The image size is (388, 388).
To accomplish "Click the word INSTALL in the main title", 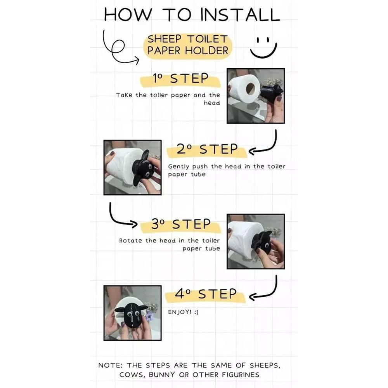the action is pyautogui.click(x=240, y=14).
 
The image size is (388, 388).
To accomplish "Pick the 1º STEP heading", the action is pyautogui.click(x=180, y=79).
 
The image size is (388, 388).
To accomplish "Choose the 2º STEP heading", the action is pyautogui.click(x=207, y=149).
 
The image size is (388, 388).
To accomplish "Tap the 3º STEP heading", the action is pyautogui.click(x=181, y=224).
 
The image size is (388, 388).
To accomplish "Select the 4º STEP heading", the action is pyautogui.click(x=206, y=294).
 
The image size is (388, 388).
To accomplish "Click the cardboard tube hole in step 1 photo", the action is pyautogui.click(x=250, y=88).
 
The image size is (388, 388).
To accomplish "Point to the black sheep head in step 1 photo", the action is pyautogui.click(x=271, y=93).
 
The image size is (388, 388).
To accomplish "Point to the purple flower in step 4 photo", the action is pyautogui.click(x=149, y=316).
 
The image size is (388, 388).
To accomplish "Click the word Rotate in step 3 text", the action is pyautogui.click(x=131, y=241).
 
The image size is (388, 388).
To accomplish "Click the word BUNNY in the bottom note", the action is pyautogui.click(x=162, y=375).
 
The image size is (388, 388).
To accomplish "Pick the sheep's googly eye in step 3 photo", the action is pyautogui.click(x=267, y=246).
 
